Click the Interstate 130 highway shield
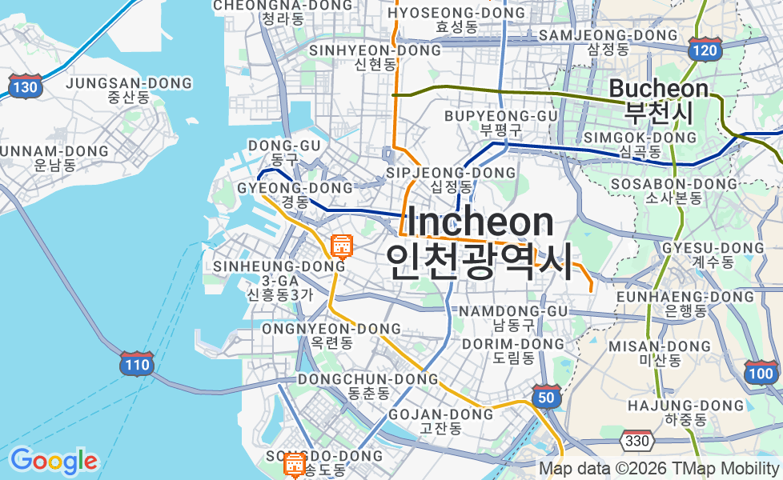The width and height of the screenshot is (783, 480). coord(26,86)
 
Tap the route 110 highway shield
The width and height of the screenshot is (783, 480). coord(136,365)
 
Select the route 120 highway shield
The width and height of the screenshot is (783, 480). coord(705,50)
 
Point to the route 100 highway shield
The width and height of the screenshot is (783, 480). coord(761,372)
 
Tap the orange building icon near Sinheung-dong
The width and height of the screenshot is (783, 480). coord(342,246)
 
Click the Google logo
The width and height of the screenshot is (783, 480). coord(53,461)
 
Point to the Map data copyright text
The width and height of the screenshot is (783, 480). coord(659,469)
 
